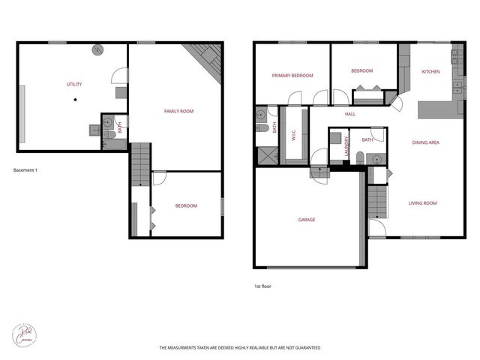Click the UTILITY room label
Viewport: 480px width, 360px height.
coord(73,84)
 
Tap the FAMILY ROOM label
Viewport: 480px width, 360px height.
coord(178,111)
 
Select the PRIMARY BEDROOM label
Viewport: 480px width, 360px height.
coord(292,76)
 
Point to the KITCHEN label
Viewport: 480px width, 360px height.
coord(430,72)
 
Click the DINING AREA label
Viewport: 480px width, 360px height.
coord(425,142)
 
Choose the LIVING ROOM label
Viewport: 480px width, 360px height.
coord(422,203)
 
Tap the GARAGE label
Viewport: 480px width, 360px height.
coord(306,220)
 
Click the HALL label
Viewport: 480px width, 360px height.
coord(349,114)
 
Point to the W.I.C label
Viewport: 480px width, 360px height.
coord(293,134)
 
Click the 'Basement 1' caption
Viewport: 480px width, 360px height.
coord(25,170)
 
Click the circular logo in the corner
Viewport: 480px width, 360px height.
coord(25,334)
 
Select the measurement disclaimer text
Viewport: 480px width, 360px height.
coord(240,348)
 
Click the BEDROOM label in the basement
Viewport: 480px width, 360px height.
coord(186,205)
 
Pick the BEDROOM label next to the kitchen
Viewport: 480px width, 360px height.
coord(361,71)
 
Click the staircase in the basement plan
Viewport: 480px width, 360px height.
coord(140,165)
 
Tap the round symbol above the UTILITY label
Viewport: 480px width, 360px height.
coord(97,50)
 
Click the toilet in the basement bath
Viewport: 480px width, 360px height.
coord(108,135)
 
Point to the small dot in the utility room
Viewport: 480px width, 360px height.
coord(74,100)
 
